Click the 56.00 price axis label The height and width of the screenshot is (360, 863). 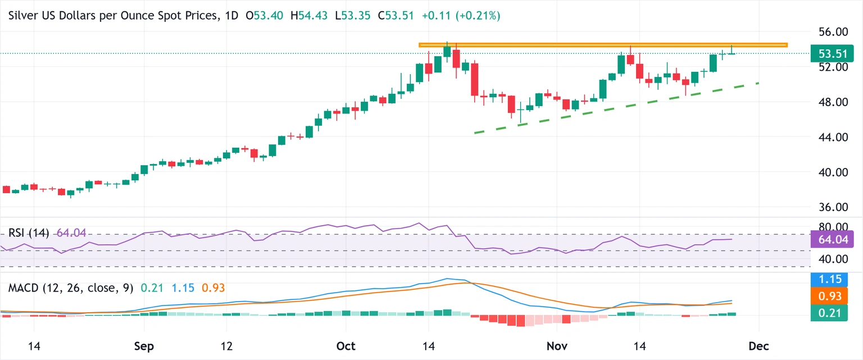click(x=832, y=32)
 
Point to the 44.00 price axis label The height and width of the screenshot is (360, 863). click(x=832, y=137)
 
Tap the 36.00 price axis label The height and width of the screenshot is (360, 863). click(x=832, y=207)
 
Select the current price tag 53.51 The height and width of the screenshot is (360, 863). click(x=832, y=54)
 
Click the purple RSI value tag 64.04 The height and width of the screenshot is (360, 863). click(x=832, y=239)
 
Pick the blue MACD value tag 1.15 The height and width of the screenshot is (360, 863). click(x=832, y=278)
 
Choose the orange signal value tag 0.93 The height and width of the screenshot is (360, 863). click(x=832, y=296)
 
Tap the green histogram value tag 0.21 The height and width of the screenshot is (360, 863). click(x=832, y=313)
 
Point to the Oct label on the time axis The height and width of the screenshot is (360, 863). click(x=346, y=345)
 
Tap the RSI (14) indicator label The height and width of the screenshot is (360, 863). click(x=29, y=233)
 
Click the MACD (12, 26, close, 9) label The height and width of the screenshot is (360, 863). click(x=71, y=288)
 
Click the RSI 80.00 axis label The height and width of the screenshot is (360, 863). click(x=832, y=227)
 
